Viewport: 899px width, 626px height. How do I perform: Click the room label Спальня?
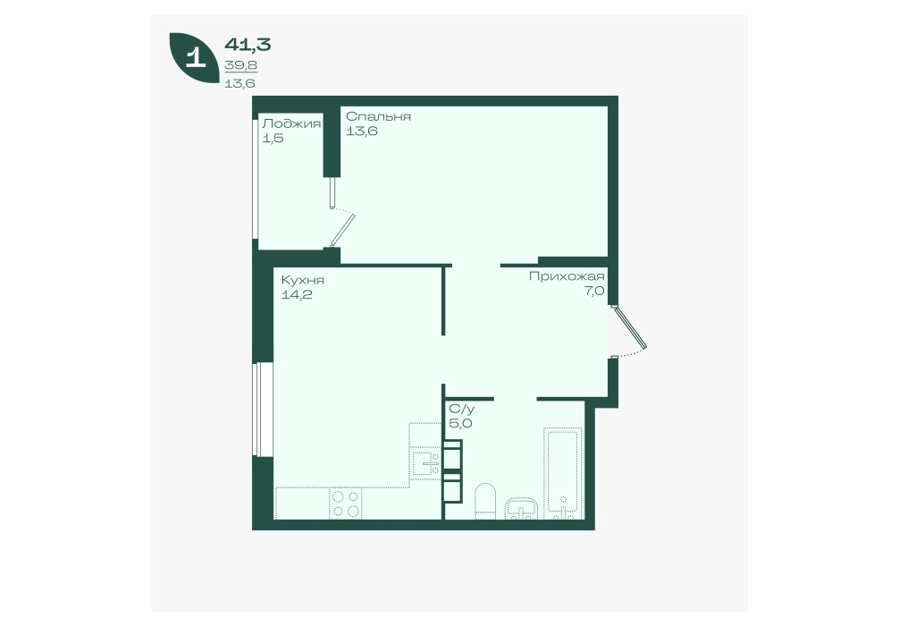point(378,116)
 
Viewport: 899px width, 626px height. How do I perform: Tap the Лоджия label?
point(291,123)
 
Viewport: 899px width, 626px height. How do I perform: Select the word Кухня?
point(303,280)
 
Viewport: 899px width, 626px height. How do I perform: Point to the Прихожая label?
point(567,276)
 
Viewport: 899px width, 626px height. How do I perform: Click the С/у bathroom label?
point(462,409)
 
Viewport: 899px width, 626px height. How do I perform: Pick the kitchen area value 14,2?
point(296,295)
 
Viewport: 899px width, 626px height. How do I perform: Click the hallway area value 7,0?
point(595,291)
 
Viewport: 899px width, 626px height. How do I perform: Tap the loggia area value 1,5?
point(273,139)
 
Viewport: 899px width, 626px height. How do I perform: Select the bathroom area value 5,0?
point(460,424)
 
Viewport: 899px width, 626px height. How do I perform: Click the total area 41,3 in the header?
point(248,44)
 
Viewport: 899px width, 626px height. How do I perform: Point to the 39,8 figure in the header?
point(240,65)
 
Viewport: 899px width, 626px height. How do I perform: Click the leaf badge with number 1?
point(194,58)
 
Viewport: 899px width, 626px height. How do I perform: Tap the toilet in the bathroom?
point(485,501)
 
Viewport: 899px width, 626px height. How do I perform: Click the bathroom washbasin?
point(521,508)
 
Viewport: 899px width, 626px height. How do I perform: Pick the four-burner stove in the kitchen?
point(346,503)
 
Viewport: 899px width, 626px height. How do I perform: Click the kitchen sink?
point(425,463)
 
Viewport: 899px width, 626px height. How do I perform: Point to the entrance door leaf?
point(629,327)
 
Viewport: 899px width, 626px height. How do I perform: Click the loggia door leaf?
point(343,230)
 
